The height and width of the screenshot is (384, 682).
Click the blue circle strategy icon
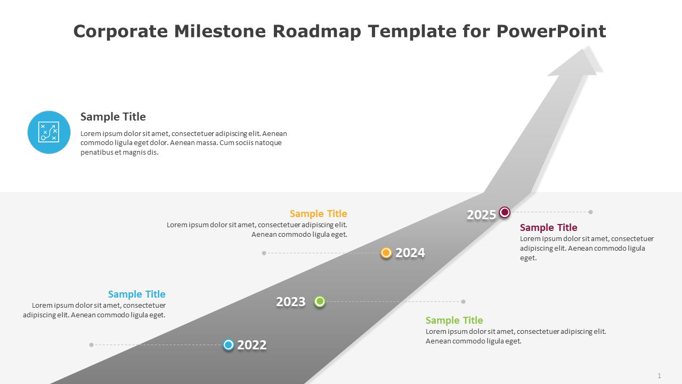click(48, 132)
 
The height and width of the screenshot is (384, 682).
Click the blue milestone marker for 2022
click(229, 345)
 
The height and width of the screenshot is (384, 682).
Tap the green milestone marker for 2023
click(320, 301)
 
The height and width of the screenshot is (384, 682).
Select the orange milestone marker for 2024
click(386, 253)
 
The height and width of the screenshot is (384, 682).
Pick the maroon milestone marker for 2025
click(505, 212)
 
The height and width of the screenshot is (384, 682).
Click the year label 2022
click(251, 345)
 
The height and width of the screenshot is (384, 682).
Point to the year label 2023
click(291, 302)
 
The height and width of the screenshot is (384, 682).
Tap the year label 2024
click(410, 253)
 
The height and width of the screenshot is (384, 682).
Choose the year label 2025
click(481, 214)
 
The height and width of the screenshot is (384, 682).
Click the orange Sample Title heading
click(318, 214)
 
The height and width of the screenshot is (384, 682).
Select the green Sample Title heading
click(454, 321)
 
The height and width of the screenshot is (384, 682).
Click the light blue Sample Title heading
click(136, 294)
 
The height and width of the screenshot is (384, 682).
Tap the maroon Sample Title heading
click(548, 228)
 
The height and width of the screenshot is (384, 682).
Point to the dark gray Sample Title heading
click(113, 117)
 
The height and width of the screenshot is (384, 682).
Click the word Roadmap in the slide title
click(318, 31)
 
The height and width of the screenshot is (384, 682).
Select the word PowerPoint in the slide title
click(551, 31)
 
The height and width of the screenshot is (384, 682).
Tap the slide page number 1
click(659, 376)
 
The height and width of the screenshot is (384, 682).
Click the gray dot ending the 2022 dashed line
click(92, 345)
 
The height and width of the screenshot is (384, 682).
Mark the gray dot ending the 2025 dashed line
click(590, 212)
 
